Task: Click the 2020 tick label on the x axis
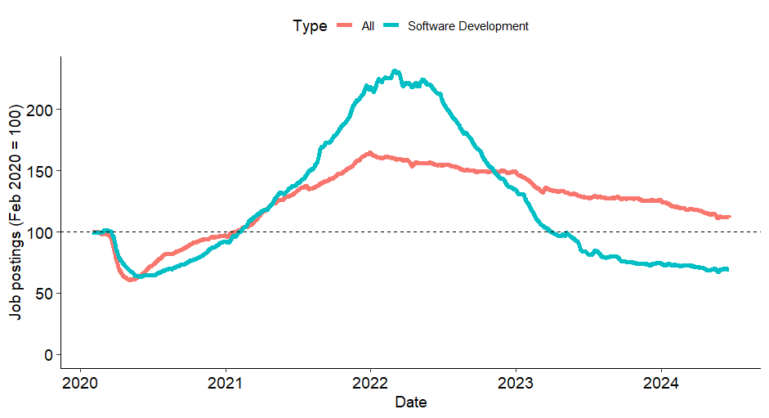click(x=81, y=384)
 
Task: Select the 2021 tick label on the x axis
click(x=226, y=384)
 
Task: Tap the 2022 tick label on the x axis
click(x=370, y=384)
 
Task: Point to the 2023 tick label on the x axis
click(x=516, y=384)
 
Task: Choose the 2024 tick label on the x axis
click(x=660, y=384)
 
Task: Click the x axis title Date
click(x=410, y=402)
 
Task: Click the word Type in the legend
click(x=310, y=26)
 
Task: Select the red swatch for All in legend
click(x=345, y=26)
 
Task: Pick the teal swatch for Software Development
click(x=391, y=26)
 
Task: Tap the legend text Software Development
click(x=467, y=26)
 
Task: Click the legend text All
click(x=368, y=26)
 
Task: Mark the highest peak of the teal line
click(x=396, y=71)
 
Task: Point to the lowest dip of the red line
click(x=131, y=280)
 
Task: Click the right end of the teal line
click(x=727, y=269)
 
